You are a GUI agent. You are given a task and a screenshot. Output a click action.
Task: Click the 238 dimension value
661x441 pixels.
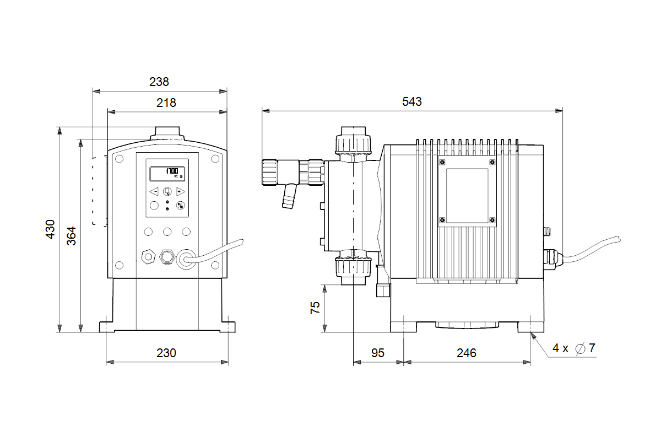(159, 82)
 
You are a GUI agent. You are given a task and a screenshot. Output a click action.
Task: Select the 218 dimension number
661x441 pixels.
(166, 103)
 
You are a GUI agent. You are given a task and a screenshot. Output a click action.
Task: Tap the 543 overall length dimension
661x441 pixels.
(411, 101)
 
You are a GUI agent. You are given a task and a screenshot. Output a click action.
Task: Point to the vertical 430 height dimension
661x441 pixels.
(51, 229)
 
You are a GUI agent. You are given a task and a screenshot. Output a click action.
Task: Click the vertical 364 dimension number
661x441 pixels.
(72, 235)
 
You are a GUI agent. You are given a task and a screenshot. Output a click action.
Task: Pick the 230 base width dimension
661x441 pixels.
(166, 353)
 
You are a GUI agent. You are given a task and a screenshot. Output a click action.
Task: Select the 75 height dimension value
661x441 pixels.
(315, 308)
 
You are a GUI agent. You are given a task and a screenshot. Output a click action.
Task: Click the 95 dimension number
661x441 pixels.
(377, 353)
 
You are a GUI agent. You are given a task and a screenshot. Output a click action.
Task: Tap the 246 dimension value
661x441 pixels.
(466, 353)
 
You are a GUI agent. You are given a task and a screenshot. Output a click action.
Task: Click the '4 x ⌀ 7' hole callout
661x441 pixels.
(573, 348)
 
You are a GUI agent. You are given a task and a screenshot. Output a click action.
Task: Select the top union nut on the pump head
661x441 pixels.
(353, 144)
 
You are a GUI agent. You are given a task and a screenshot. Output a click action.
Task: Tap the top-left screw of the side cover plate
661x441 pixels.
(442, 162)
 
